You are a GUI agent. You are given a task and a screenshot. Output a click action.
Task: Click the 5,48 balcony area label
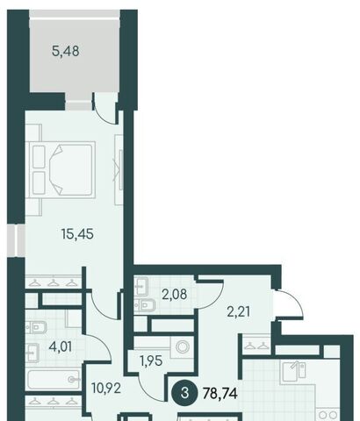[x=65, y=51]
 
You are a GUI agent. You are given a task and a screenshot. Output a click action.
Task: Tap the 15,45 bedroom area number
[x=77, y=234]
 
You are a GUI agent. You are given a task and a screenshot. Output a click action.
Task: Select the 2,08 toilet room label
[x=175, y=294]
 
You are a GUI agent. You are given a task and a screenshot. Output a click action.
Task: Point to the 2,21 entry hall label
[x=239, y=311]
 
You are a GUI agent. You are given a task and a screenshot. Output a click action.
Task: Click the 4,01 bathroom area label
[x=61, y=347]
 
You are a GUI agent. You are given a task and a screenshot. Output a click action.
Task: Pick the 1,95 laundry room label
[x=151, y=361]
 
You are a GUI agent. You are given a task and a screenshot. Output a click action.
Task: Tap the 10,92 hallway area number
[x=106, y=389]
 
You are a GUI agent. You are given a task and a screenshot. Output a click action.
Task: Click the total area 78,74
[x=220, y=393]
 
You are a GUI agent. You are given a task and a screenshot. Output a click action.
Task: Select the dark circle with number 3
[x=184, y=393]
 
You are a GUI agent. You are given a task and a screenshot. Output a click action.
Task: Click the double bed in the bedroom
[x=61, y=169]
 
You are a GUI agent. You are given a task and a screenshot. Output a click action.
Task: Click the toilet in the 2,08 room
[x=145, y=305]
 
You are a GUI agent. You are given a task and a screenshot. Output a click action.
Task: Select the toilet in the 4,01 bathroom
[x=36, y=328]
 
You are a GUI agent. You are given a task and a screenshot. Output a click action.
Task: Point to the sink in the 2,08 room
[x=141, y=287]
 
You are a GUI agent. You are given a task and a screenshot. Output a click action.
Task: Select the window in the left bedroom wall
[x=16, y=240]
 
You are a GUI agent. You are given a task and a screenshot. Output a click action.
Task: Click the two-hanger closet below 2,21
[x=257, y=346]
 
